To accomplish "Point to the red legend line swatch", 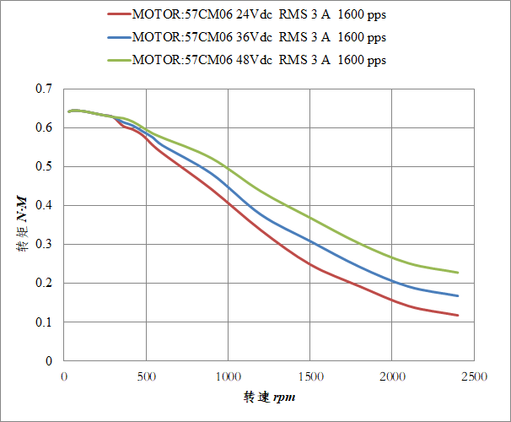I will pos(119,14).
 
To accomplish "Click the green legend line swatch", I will pos(119,60).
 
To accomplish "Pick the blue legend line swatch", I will pos(119,37).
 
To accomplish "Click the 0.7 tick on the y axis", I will pos(44,89).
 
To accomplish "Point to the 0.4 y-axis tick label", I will pos(44,205).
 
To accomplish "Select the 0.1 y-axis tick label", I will pos(44,322).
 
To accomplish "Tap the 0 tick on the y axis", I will pos(49,360).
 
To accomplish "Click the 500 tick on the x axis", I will pos(146,376).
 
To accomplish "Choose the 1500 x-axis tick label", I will pos(310,376).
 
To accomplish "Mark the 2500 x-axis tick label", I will pos(474,376).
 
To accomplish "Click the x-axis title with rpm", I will pos(270,397).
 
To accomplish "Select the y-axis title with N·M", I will pos(24,224).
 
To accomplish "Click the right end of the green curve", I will pos(458,273).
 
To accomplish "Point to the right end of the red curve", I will pos(458,316).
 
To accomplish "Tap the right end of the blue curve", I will pos(458,295).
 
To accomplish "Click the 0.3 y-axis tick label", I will pos(44,244).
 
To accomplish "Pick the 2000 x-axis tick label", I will pos(392,376).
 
